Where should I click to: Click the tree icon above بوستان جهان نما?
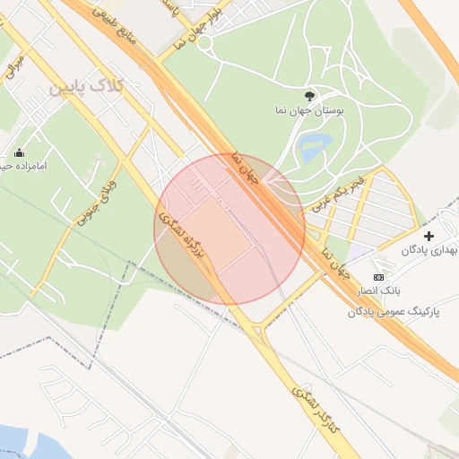click(310, 94)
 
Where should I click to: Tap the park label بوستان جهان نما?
click(307, 111)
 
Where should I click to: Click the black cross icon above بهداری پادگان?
click(429, 236)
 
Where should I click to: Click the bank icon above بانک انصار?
click(378, 278)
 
